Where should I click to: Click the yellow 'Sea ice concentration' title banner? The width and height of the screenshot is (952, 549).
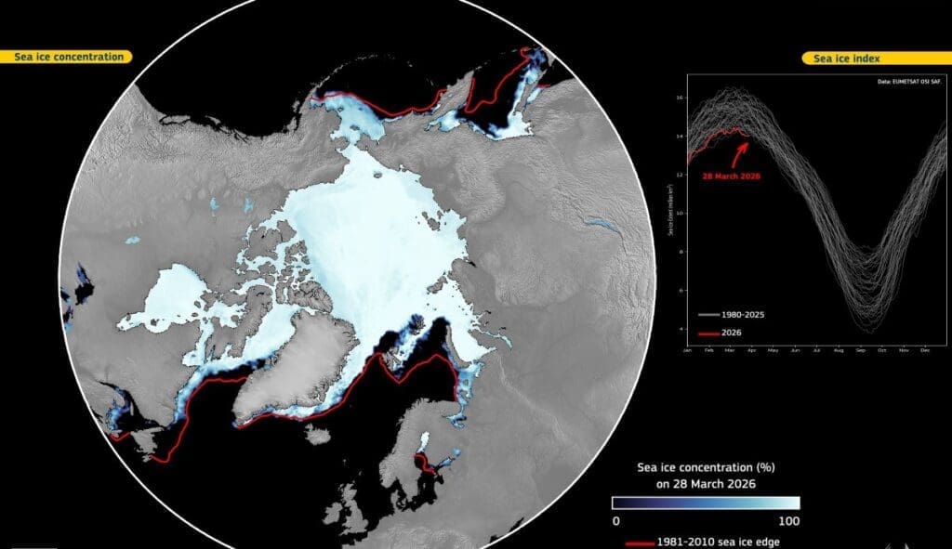pos(69,57)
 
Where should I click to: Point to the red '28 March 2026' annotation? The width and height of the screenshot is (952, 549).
pos(732,176)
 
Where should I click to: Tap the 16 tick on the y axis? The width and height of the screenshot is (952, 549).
pos(681,97)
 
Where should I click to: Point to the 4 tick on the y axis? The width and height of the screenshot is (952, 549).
pos(681,330)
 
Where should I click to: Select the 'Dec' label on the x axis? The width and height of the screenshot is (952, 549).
pos(924,351)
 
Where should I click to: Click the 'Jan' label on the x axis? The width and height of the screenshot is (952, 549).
pos(687,351)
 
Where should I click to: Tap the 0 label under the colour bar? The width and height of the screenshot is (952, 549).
pos(615,520)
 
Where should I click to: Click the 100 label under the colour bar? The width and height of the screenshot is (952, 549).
pos(787,520)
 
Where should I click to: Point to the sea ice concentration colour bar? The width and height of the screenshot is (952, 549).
pos(705,503)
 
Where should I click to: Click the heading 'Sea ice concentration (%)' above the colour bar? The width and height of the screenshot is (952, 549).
pos(704,468)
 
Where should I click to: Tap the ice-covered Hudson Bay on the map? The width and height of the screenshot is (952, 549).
pos(172,293)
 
